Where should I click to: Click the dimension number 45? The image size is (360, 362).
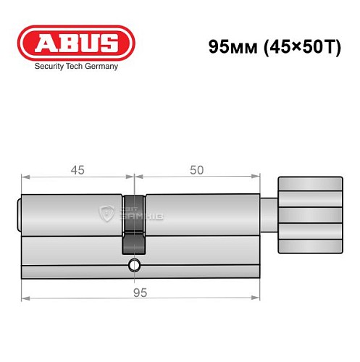coord(77,169)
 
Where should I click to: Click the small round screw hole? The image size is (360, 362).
coord(133,265)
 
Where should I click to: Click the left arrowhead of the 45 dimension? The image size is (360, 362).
coord(25,176)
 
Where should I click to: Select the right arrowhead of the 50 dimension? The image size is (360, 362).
coord(257,176)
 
